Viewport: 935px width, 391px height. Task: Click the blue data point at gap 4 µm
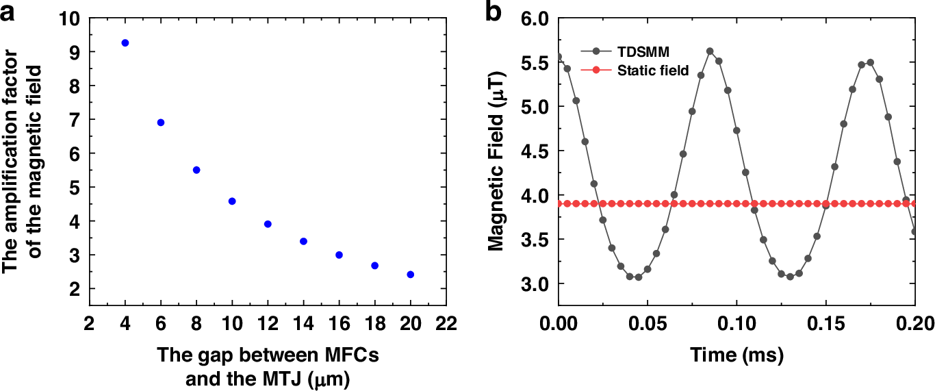point(125,42)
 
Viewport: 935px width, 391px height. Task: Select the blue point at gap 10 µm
point(232,201)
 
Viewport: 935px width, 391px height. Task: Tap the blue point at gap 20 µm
point(411,275)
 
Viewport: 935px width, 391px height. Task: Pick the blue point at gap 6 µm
point(161,123)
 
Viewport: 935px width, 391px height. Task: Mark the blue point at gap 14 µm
point(303,241)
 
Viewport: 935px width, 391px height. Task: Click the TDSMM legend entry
point(641,51)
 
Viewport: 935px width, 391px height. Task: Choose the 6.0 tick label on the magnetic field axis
point(536,18)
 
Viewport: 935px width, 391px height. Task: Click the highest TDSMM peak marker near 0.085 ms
point(710,51)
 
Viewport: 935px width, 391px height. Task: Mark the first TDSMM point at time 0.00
point(559,58)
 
